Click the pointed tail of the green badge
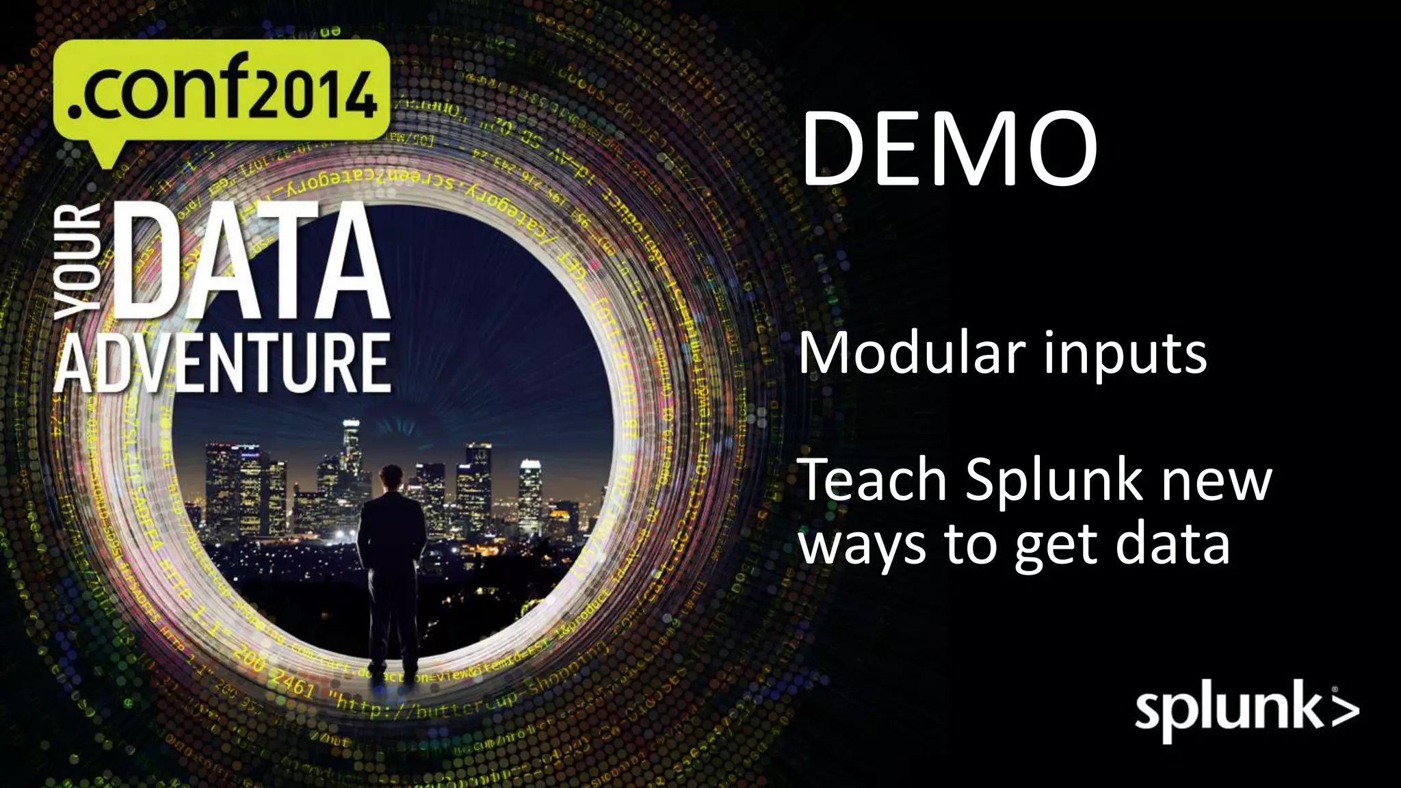[104, 159]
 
